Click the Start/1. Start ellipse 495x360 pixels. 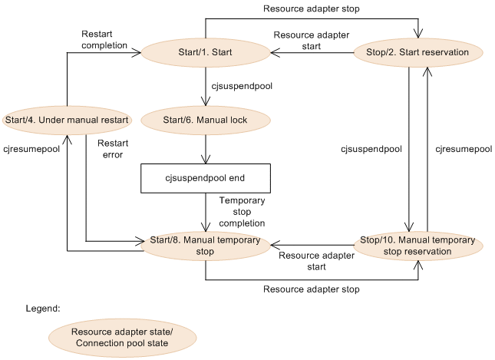[206, 52]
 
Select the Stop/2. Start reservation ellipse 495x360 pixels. [418, 52]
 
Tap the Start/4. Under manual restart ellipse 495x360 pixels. [67, 120]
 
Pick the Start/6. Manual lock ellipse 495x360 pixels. [206, 120]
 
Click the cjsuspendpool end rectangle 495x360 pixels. [206, 178]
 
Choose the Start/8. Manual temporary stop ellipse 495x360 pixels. [206, 246]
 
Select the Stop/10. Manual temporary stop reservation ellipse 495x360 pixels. [418, 246]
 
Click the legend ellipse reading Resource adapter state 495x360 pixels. [122, 337]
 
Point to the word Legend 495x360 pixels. [43, 309]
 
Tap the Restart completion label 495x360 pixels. [104, 39]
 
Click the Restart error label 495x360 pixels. [113, 149]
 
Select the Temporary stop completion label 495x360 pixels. [242, 212]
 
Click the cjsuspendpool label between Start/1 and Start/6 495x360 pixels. [242, 86]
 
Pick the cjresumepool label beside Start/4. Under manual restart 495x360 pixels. [31, 149]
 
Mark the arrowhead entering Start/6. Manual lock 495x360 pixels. [206, 101]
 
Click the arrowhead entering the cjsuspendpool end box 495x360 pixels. [206, 159]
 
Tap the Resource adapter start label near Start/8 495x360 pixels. [316, 261]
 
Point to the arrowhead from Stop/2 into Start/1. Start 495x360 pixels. [276, 52]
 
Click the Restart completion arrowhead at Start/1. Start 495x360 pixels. [136, 52]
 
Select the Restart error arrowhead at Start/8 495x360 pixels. [140, 242]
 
